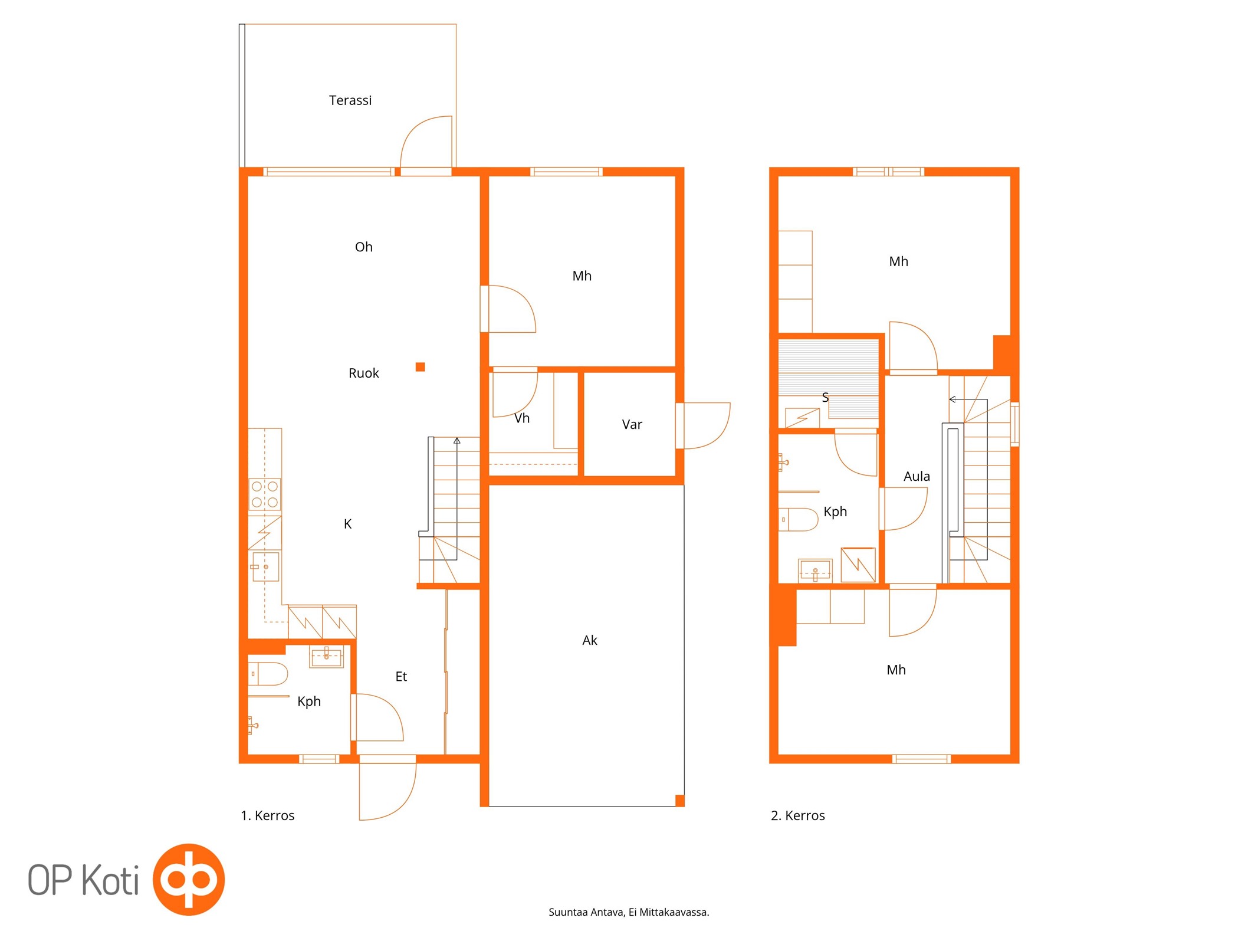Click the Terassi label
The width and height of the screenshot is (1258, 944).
click(x=350, y=100)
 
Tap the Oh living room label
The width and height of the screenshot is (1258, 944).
click(x=363, y=247)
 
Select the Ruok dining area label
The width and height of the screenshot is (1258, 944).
click(x=363, y=373)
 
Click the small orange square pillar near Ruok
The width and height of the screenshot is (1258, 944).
click(x=420, y=367)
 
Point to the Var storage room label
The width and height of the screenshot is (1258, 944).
click(x=632, y=424)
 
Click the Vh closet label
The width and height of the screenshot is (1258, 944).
click(x=522, y=418)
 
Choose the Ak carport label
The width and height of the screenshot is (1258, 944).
click(x=590, y=640)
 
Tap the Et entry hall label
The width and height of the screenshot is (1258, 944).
click(x=401, y=676)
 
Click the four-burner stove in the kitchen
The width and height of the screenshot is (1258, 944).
click(x=265, y=494)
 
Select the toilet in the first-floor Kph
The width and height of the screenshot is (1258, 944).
click(x=268, y=674)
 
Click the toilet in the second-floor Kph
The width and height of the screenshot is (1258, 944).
click(x=798, y=520)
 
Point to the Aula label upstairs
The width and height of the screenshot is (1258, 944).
click(x=917, y=476)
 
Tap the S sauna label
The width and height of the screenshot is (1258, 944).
click(x=825, y=398)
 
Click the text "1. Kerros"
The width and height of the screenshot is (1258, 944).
click(x=267, y=815)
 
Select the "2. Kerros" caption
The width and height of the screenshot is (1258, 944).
click(x=797, y=815)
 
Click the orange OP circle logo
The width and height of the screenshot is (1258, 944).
click(x=189, y=879)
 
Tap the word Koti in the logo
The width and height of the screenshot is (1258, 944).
click(x=110, y=880)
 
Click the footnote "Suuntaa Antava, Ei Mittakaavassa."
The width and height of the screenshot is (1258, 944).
click(x=629, y=912)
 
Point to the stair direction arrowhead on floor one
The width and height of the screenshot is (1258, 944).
click(x=456, y=440)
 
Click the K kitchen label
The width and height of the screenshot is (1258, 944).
click(x=347, y=524)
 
